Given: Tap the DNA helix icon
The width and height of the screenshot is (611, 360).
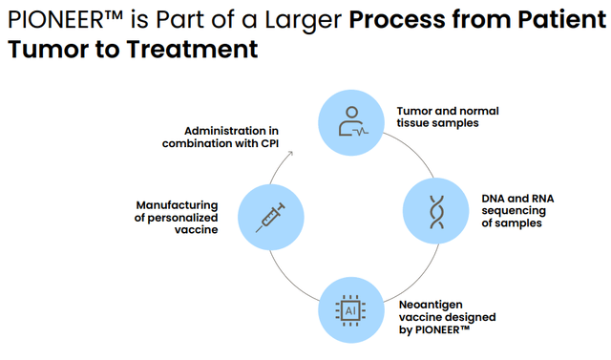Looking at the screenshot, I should (434, 211).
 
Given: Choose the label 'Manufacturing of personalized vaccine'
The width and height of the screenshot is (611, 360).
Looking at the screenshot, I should (178, 217).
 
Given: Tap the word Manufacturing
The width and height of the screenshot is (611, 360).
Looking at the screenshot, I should (178, 204).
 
